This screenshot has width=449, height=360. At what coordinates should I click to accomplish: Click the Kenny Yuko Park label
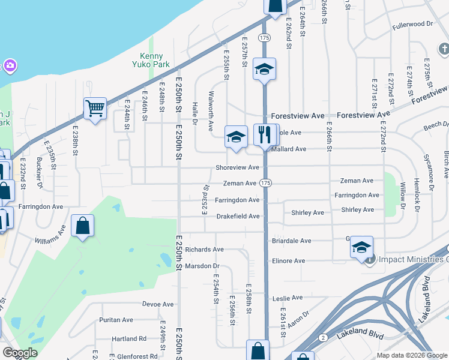151,60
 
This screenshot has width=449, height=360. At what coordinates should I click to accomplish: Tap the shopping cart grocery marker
95,109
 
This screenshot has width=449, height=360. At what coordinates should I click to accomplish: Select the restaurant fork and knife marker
265,134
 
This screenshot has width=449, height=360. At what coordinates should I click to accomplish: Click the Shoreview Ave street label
237,167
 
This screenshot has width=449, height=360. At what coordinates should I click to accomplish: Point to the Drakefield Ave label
238,216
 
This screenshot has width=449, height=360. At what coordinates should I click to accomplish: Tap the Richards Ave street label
204,249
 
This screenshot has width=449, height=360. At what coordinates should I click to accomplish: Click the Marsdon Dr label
202,266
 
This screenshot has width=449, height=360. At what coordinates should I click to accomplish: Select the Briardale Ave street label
291,241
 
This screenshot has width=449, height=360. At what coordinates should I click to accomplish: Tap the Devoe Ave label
158,304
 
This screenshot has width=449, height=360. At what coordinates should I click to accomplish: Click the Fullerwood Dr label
412,25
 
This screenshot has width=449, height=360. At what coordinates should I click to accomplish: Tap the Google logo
20,353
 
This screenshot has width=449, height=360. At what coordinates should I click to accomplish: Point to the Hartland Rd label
129,338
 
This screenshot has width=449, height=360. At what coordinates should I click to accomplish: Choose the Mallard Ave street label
291,149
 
